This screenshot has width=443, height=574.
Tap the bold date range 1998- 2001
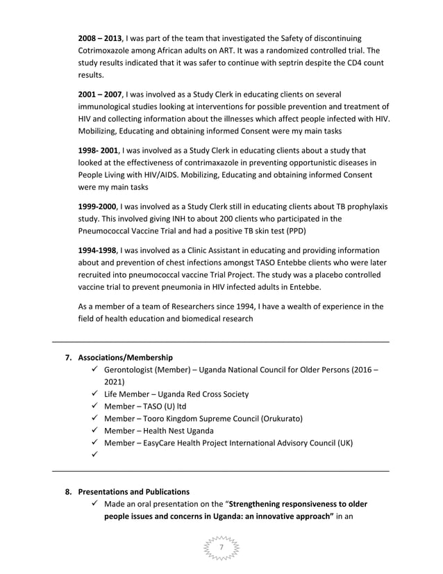pyautogui.click(x=98, y=151)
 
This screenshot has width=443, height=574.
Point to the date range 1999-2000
pyautogui.click(x=97, y=207)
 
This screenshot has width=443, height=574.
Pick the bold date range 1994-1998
pyautogui.click(x=97, y=250)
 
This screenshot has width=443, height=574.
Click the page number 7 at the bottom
pyautogui.click(x=221, y=548)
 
